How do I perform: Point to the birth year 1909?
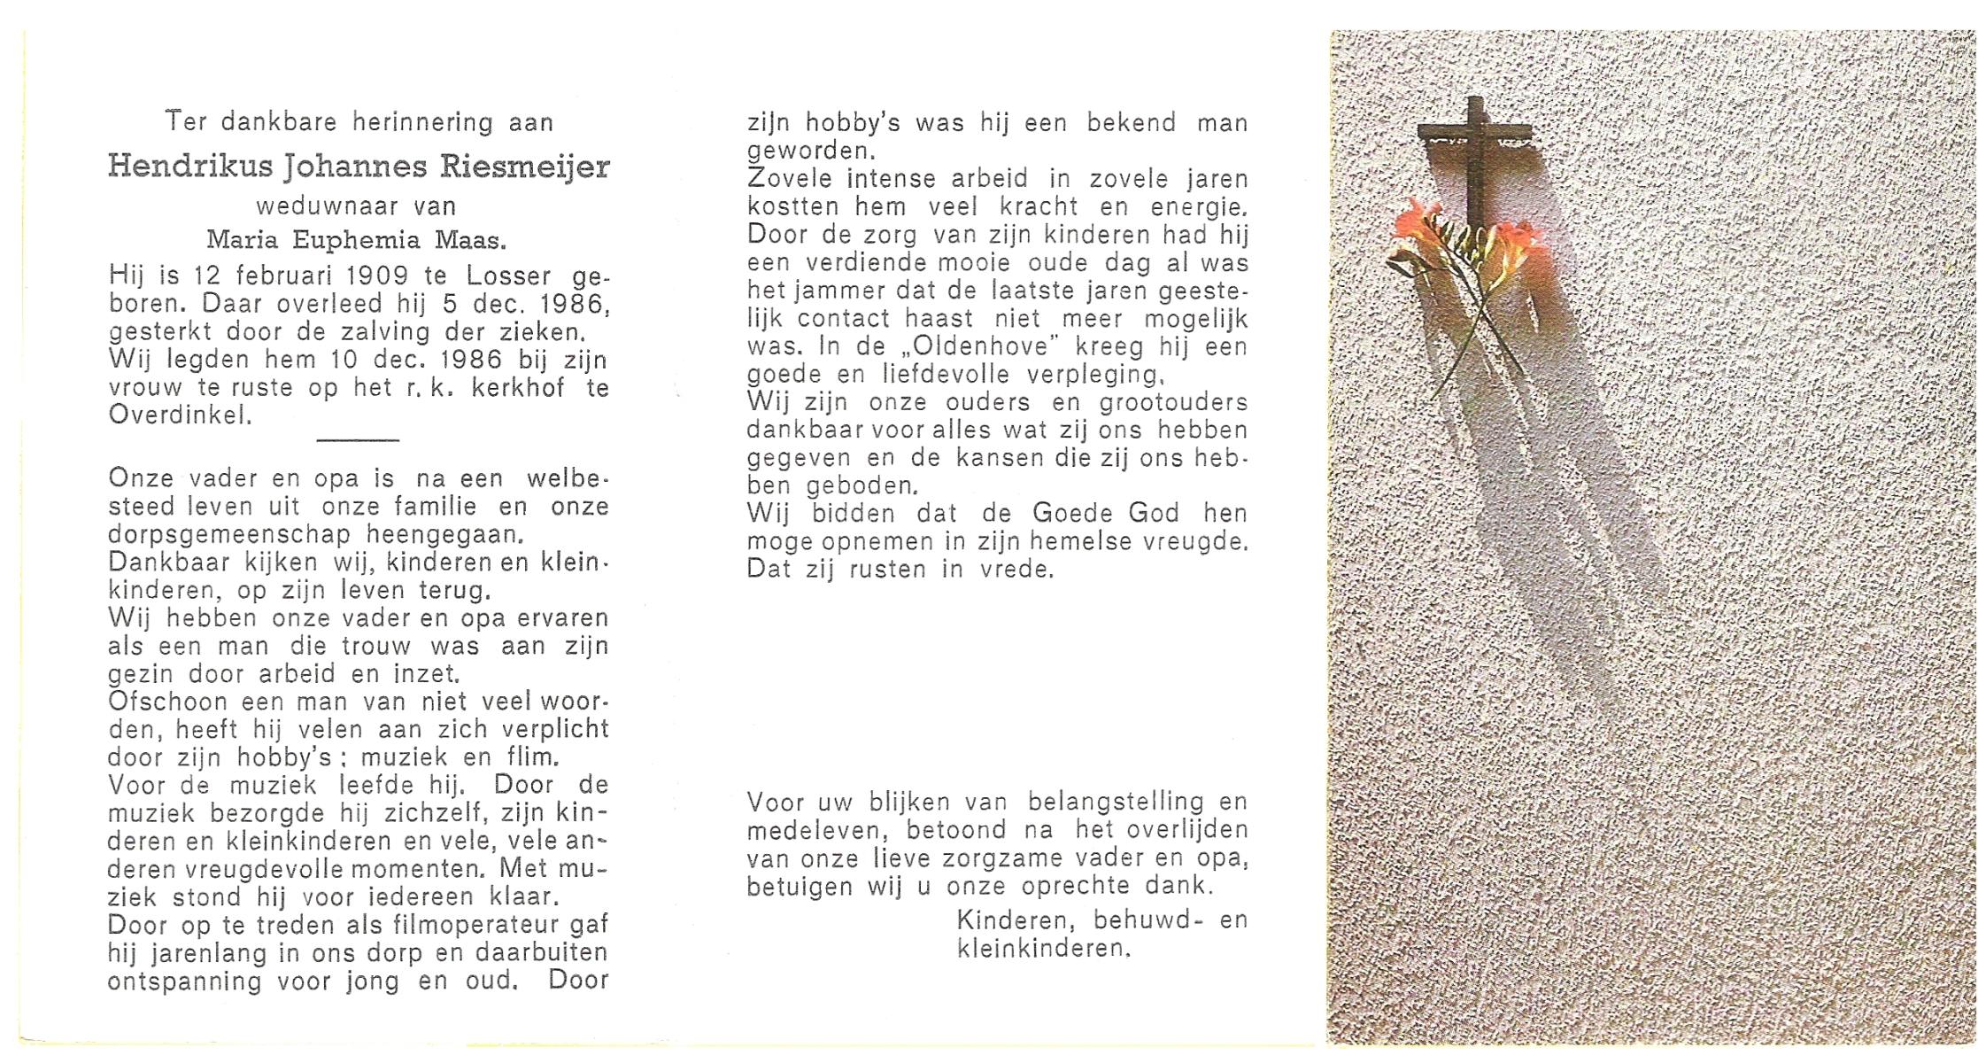point(375,276)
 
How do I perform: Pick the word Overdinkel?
point(180,415)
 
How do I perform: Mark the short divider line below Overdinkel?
point(358,438)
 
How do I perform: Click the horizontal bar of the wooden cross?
point(1474,134)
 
